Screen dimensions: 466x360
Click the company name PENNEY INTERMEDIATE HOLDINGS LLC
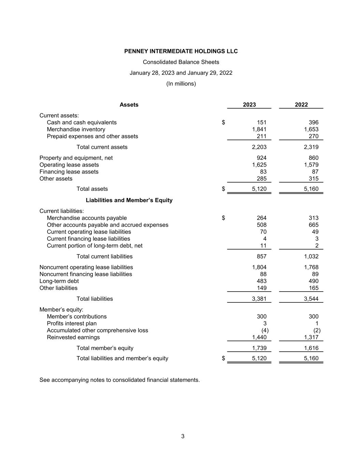181,51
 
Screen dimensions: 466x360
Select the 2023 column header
249,105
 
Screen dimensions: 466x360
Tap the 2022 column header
301,105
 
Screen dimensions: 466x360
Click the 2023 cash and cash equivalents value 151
261,123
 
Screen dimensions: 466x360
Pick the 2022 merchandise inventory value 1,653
311,129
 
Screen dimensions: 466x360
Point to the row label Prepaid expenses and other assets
92,136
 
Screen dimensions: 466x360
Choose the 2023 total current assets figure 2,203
259,147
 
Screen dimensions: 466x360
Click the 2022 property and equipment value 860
313,158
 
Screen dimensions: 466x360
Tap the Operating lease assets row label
69,165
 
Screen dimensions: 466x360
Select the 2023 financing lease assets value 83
263,172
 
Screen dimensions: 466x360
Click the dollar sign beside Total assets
224,189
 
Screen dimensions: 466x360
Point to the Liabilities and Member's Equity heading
129,200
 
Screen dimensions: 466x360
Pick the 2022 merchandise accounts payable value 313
313,218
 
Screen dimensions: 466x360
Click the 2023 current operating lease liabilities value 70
263,232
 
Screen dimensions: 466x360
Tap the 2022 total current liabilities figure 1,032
311,256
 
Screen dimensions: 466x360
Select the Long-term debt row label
59,281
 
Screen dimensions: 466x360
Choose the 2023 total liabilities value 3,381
259,299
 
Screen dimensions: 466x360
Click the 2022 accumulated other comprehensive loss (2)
317,330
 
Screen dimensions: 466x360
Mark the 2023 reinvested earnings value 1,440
259,337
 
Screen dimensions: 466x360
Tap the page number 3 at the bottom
183,436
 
